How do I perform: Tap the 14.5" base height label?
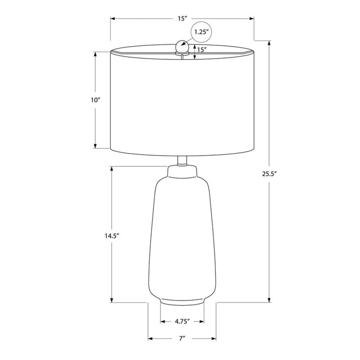(x=112, y=236)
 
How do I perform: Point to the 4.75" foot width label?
(x=182, y=321)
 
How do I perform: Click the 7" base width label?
(x=182, y=338)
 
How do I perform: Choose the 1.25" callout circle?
(x=202, y=32)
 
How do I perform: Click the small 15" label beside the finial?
(x=202, y=49)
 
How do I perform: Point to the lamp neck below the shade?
(x=182, y=161)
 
